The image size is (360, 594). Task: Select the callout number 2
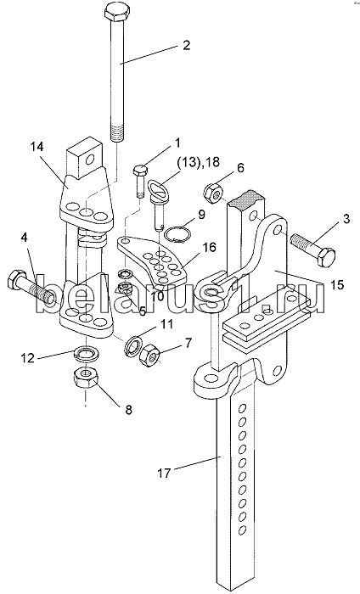coord(186,46)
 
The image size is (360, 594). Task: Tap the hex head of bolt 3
coord(326,257)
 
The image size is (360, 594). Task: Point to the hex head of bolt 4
coord(16,281)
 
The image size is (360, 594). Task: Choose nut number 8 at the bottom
coord(87,378)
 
